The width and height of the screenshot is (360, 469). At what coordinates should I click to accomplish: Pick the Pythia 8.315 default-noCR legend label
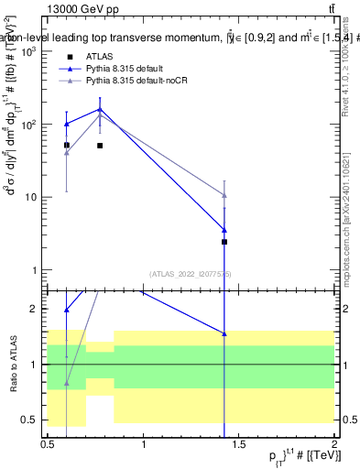[x=142, y=82]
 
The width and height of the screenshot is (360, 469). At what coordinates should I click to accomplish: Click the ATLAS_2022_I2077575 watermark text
[x=191, y=274]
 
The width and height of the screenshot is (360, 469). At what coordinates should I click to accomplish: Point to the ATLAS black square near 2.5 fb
[x=224, y=242]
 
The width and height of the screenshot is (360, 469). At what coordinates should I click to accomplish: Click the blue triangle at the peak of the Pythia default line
[x=100, y=110]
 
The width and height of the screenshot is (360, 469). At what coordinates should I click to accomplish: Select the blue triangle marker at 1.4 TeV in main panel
[x=224, y=230]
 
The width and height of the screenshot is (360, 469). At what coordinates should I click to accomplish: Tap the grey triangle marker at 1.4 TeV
[x=224, y=195]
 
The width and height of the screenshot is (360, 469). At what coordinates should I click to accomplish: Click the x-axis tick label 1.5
[x=239, y=446]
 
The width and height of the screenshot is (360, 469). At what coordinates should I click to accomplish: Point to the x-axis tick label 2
[x=334, y=446]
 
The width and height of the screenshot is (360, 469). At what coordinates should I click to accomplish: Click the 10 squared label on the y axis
[x=30, y=124]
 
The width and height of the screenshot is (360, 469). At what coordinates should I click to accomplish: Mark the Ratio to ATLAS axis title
[x=13, y=365]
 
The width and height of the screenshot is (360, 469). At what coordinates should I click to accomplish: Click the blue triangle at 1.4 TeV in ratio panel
[x=224, y=333]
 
